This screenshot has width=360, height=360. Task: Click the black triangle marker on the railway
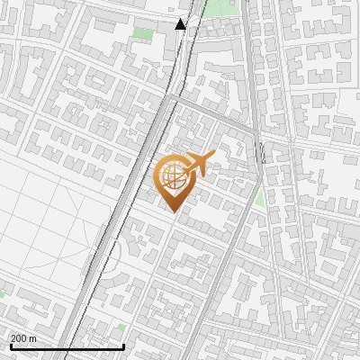181,24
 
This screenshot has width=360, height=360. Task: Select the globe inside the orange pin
173,177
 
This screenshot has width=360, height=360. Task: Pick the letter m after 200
33,338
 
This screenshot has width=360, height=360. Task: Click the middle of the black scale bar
67,346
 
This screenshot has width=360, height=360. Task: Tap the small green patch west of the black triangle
141,34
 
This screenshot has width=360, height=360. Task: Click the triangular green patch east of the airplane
259,197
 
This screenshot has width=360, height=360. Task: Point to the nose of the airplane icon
213,158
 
